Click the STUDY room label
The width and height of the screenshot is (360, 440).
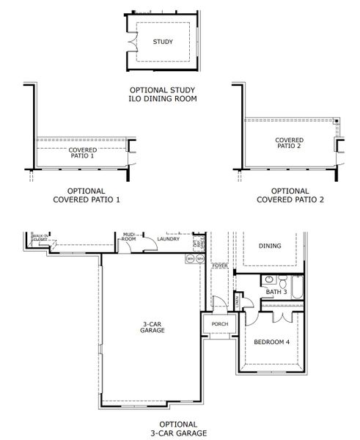click(163, 42)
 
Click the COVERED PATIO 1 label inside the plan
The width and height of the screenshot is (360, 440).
click(81, 153)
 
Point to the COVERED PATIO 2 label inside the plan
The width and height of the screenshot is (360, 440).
click(289, 142)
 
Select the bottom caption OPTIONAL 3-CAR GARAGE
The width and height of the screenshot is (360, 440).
click(177, 428)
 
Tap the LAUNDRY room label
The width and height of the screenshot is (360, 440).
click(169, 238)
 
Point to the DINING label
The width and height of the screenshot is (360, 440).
click(271, 246)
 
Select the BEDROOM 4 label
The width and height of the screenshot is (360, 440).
click(271, 342)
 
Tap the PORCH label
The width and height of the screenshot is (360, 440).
click(219, 323)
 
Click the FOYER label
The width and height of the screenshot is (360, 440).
click(220, 265)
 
